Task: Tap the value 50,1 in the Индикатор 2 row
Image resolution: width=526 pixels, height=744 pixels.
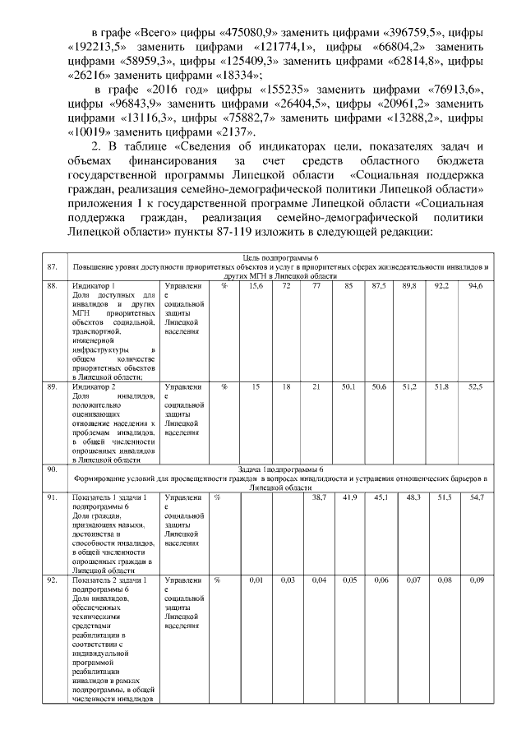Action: tap(348, 386)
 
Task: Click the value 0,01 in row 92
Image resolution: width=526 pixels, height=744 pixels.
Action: tap(256, 580)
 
